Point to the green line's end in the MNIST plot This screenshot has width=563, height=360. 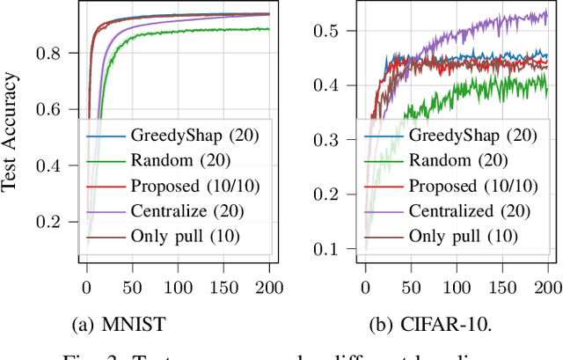[x=268, y=29]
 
